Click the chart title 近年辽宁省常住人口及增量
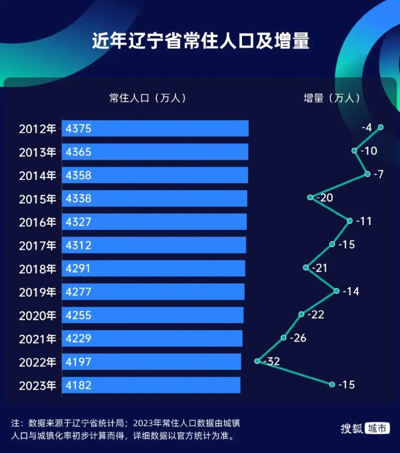(201, 42)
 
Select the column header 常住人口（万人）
(148, 98)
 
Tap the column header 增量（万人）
(332, 98)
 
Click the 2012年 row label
(38, 129)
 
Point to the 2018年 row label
(38, 269)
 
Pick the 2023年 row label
(38, 386)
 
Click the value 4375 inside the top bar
(78, 129)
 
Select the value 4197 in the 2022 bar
(78, 362)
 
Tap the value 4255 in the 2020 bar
(78, 315)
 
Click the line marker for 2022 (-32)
(258, 361)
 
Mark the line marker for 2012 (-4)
(381, 127)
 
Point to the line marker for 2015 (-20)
(310, 197)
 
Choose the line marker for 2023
(332, 384)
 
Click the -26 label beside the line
(297, 339)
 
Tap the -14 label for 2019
(351, 292)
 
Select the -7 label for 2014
(378, 174)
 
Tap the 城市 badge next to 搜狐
(377, 429)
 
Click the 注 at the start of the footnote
(15, 424)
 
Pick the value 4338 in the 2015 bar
(78, 199)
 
